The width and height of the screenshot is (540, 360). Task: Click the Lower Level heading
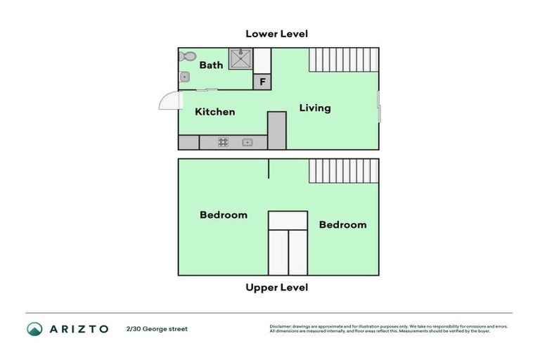pyautogui.click(x=276, y=34)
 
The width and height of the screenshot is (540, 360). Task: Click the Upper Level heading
pyautogui.click(x=276, y=288)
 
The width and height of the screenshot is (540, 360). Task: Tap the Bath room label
pyautogui.click(x=211, y=65)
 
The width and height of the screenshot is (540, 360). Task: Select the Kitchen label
pyautogui.click(x=214, y=112)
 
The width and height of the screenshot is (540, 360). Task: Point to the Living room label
pyautogui.click(x=314, y=108)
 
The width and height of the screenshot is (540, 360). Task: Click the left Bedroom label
pyautogui.click(x=223, y=215)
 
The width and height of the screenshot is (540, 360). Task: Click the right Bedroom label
pyautogui.click(x=342, y=225)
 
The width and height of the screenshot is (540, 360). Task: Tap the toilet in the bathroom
pyautogui.click(x=187, y=56)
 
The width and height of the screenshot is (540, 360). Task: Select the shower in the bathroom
pyautogui.click(x=241, y=58)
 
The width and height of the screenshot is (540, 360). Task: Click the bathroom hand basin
pyautogui.click(x=184, y=77)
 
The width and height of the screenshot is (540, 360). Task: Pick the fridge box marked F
pyautogui.click(x=262, y=82)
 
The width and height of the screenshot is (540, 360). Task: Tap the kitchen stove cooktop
pyautogui.click(x=223, y=142)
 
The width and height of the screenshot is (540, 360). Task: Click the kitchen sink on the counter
pyautogui.click(x=247, y=142)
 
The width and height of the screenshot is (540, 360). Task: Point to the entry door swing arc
pyautogui.click(x=169, y=102)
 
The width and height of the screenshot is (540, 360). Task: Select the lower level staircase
pyautogui.click(x=343, y=60)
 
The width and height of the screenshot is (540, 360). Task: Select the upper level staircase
pyautogui.click(x=343, y=171)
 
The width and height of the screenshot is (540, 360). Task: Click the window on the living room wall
pyautogui.click(x=379, y=107)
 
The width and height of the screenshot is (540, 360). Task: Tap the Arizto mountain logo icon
pyautogui.click(x=34, y=328)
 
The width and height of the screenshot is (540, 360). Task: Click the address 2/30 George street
pyautogui.click(x=157, y=328)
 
